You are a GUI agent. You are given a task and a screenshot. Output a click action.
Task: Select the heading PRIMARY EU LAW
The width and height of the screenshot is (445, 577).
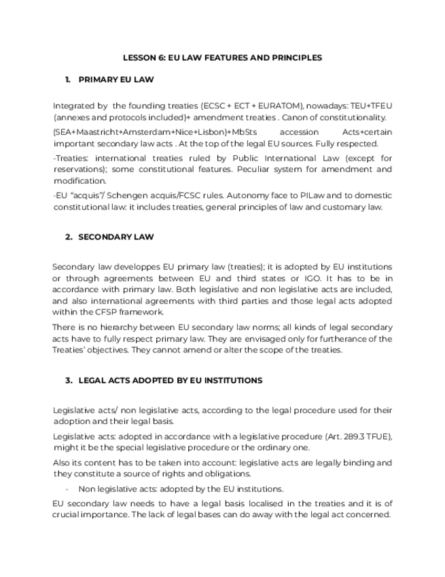point(116,80)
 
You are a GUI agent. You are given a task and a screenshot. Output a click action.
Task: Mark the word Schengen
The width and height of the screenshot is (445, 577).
point(121,195)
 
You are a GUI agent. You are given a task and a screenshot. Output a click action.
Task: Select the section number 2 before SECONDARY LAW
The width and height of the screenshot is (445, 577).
point(68,237)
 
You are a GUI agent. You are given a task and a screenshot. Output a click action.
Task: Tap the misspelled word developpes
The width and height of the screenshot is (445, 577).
point(123,267)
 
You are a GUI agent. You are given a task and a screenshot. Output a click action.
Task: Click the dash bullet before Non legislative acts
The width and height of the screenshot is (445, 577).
point(67,489)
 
